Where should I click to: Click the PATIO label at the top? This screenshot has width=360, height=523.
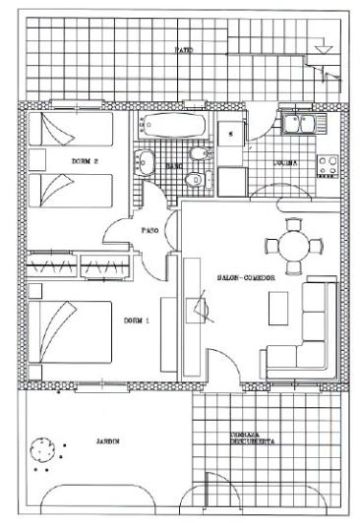coord(183,49)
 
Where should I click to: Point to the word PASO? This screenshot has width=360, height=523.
coord(150,231)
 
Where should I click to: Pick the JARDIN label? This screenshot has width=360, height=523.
coord(107,441)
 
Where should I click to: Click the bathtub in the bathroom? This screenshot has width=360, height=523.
coord(173,125)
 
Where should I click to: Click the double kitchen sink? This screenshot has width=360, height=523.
coord(296,124)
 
